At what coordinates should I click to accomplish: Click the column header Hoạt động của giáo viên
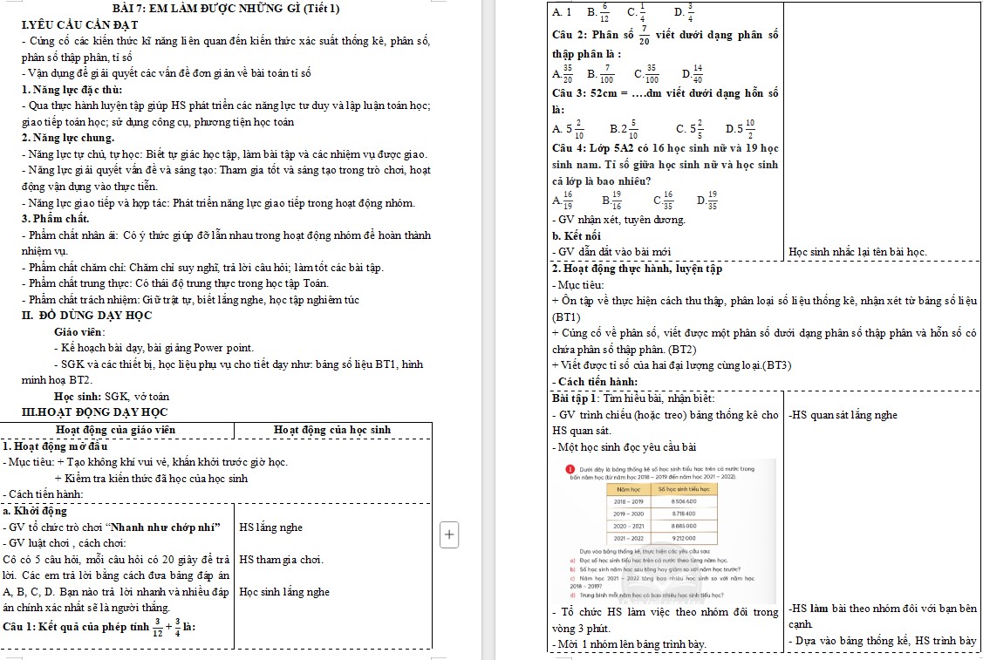coord(115,429)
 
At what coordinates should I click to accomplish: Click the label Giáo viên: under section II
coord(79,332)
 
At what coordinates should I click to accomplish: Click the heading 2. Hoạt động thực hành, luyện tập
coord(638,269)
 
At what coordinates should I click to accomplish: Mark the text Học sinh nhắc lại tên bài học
coord(857,252)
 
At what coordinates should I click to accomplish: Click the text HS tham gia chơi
coord(281,559)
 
